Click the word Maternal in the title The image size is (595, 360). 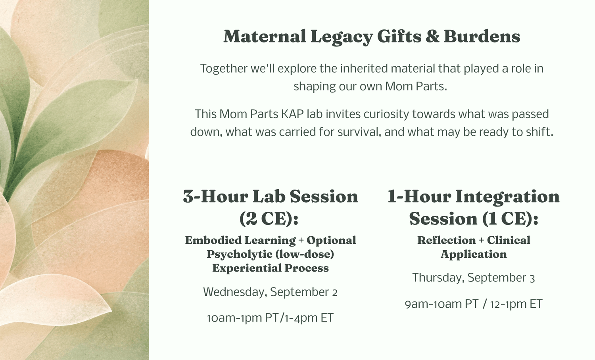click(265, 36)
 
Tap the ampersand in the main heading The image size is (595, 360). click(432, 36)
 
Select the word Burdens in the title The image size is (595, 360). click(482, 36)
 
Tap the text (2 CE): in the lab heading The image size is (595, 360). click(269, 218)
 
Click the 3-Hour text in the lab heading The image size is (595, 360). click(216, 197)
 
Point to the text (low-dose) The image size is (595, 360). click(305, 254)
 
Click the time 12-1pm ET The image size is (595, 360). click(516, 304)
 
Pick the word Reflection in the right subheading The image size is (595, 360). click(447, 240)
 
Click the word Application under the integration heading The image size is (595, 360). click(474, 255)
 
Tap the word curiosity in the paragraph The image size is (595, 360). click(386, 115)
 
